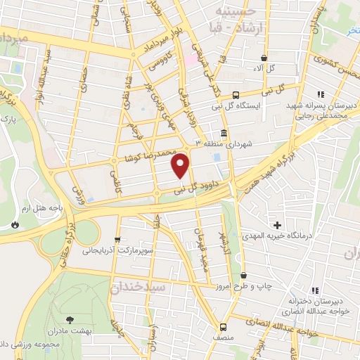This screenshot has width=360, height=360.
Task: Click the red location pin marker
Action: click(x=181, y=165)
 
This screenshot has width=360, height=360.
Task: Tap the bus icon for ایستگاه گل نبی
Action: click(x=236, y=95)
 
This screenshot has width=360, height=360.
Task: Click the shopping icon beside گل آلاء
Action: click(x=264, y=58)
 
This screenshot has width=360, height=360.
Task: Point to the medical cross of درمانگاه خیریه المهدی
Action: click(x=278, y=225)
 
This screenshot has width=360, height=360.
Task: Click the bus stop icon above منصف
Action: click(x=223, y=326)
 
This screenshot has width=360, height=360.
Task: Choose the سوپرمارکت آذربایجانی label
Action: click(x=117, y=250)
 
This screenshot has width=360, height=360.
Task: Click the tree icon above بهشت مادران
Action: click(x=70, y=319)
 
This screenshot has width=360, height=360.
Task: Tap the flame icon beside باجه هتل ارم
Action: click(x=13, y=225)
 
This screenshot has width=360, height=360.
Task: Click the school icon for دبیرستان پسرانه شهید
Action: click(x=320, y=94)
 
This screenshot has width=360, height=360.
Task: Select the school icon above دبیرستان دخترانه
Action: click(x=315, y=290)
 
